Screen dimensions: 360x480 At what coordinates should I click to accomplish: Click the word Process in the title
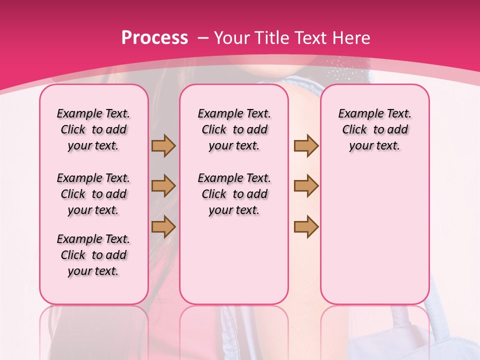154,38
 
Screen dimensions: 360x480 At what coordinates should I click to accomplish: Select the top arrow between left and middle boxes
163,145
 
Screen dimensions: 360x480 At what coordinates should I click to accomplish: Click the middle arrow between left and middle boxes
163,186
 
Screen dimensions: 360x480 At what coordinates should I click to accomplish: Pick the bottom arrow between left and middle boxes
163,226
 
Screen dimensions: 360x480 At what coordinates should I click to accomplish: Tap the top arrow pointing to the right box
306,145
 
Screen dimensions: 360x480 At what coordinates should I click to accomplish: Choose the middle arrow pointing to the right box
306,186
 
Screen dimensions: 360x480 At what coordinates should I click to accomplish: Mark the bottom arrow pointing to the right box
306,226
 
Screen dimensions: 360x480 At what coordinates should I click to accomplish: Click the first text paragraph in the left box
93,129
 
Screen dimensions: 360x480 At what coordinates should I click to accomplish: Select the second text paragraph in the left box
93,194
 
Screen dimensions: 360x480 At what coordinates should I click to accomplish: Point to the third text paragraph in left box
93,255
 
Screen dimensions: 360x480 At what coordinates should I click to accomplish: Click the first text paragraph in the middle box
234,129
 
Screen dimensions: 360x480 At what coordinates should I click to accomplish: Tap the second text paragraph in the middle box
234,194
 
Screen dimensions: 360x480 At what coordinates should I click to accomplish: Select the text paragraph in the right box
374,129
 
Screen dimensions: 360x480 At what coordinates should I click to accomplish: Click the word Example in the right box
356,114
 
